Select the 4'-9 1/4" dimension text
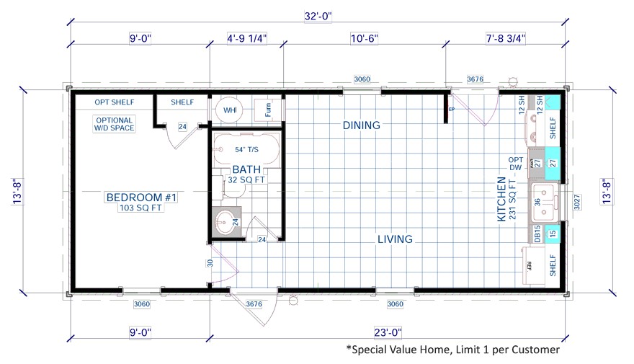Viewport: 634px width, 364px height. (x=247, y=38)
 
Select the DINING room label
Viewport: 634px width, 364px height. (x=361, y=125)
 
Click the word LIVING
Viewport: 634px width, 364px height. (x=394, y=239)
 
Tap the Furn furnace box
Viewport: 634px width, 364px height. (x=268, y=110)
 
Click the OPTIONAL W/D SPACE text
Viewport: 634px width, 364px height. (x=113, y=124)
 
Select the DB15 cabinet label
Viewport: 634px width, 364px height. (x=537, y=234)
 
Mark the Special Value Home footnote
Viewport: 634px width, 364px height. (x=452, y=350)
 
